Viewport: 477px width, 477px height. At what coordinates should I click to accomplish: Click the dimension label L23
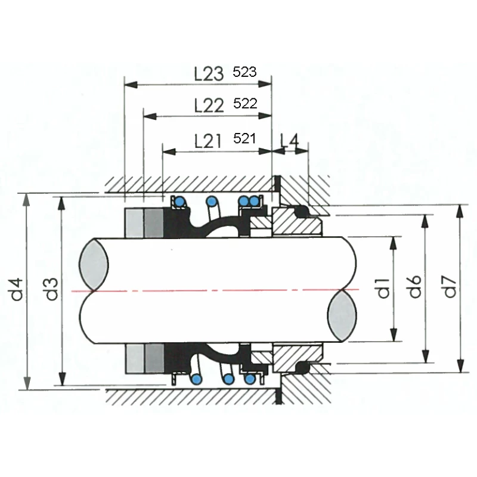coord(209,74)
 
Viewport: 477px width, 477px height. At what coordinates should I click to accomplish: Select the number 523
coord(245,72)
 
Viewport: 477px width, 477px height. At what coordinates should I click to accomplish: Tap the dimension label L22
coord(209,106)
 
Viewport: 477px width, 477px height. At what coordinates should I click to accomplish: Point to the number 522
coord(245,104)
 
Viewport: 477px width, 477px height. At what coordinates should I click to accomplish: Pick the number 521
coord(244,139)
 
